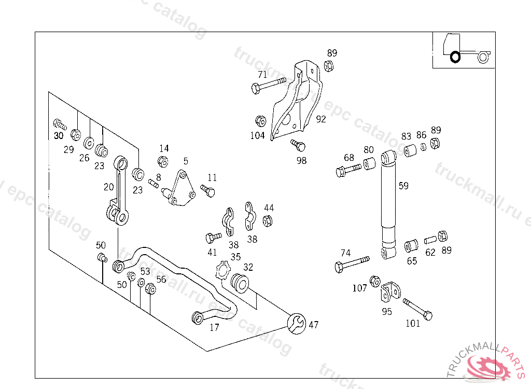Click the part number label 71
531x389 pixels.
[x=262, y=74]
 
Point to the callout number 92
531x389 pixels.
[x=321, y=119]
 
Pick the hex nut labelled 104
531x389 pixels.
[x=260, y=121]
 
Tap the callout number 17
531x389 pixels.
[x=214, y=327]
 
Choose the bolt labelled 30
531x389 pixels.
[x=59, y=124]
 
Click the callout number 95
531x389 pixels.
[x=387, y=312]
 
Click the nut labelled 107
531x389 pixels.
[x=375, y=282]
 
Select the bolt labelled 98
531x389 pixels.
[x=298, y=145]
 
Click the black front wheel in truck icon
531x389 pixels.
[x=455, y=56]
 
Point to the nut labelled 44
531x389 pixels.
[x=268, y=221]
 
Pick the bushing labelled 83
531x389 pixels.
[x=411, y=151]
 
